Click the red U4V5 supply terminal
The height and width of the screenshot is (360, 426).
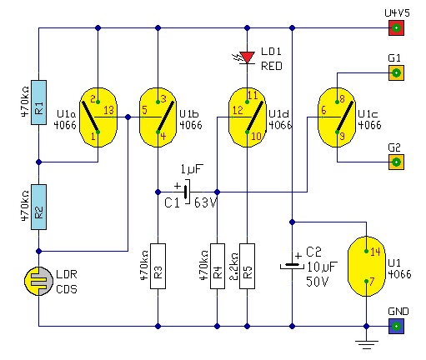396,27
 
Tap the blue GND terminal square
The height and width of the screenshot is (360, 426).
396,326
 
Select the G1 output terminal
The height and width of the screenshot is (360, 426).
396,72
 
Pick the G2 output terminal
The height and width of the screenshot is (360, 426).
396,162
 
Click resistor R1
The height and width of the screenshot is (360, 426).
38,102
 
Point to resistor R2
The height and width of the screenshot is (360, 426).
38,207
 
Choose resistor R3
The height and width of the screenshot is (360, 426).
158,266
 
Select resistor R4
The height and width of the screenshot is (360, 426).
218,266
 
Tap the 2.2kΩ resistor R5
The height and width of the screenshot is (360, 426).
247,266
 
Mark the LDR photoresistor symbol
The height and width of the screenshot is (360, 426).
38,281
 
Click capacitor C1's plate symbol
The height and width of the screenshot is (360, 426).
187,192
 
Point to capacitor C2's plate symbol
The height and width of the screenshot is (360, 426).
292,266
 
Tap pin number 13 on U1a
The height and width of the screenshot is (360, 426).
108,110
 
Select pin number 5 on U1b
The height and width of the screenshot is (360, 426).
144,110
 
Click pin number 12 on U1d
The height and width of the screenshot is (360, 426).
238,110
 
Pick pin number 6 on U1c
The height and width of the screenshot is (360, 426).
323,110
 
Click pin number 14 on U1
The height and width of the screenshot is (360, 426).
375,252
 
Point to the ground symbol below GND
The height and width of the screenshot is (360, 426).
366,344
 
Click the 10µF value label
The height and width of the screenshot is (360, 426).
323,267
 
